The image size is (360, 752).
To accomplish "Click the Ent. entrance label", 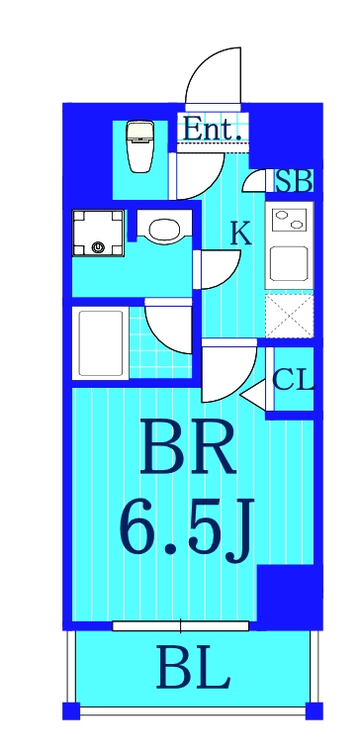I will (214, 129).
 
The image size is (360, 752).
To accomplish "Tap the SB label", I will (294, 181).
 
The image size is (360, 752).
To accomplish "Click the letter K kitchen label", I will (240, 234).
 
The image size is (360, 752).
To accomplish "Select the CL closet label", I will (292, 379).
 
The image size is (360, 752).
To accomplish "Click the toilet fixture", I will (139, 144).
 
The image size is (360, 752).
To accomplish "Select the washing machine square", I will (98, 234).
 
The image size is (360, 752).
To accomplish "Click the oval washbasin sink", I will (161, 230).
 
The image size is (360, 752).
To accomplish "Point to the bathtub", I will (99, 341).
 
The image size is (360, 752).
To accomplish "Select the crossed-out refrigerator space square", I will (289, 317).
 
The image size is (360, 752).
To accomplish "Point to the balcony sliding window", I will (181, 625).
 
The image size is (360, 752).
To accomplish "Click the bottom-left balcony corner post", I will (70, 709).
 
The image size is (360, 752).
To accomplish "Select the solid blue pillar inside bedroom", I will (285, 592).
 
